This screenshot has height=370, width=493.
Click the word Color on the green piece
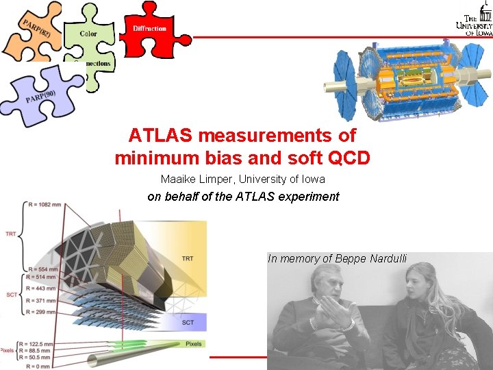coord(88,34)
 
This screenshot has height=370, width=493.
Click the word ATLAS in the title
coord(158,135)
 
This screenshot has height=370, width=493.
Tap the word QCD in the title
coord(348,158)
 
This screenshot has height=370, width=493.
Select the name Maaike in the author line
coord(177,180)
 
